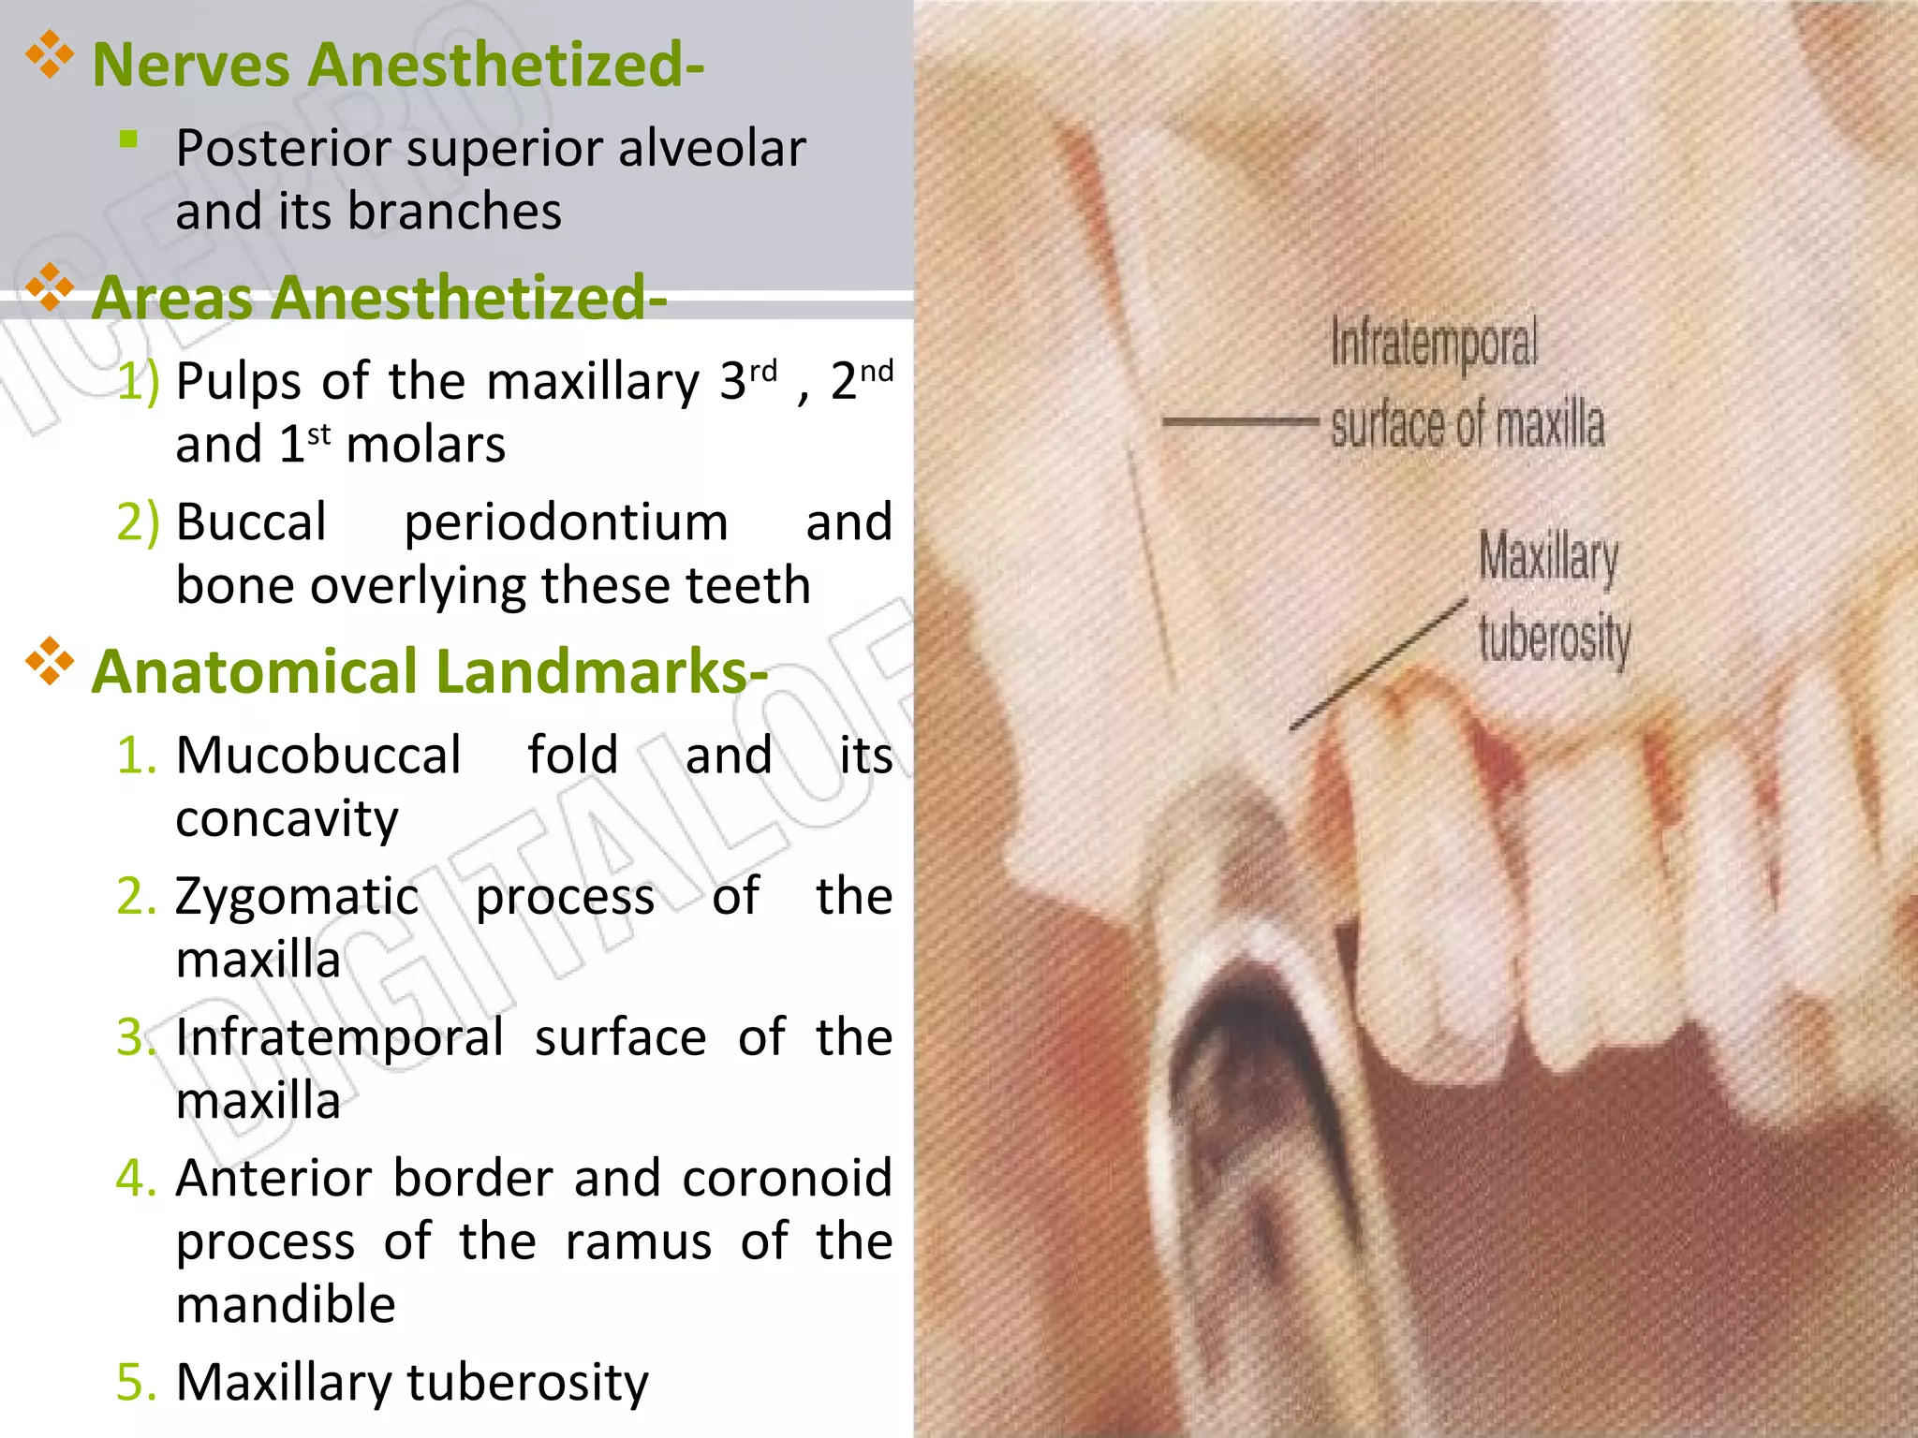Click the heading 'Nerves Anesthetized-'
pyautogui.click(x=397, y=66)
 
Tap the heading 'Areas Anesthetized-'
pyautogui.click(x=378, y=298)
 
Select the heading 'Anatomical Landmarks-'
pyautogui.click(x=429, y=672)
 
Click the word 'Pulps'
pyautogui.click(x=240, y=382)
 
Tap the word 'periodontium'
pyautogui.click(x=566, y=522)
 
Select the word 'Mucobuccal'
pyautogui.click(x=318, y=755)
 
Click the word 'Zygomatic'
pyautogui.click(x=297, y=897)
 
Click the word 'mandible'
pyautogui.click(x=286, y=1305)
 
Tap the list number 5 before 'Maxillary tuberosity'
pyautogui.click(x=137, y=1382)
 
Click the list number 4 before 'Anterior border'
pyautogui.click(x=137, y=1178)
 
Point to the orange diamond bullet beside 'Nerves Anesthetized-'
pyautogui.click(x=50, y=56)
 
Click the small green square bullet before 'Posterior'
pyautogui.click(x=129, y=140)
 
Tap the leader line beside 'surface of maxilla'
pyautogui.click(x=1240, y=422)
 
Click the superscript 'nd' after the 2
pyautogui.click(x=877, y=373)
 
